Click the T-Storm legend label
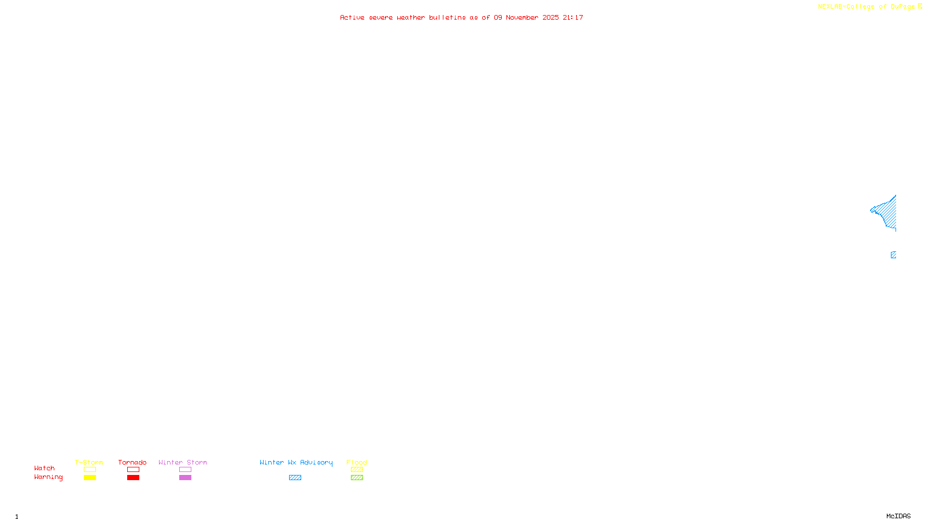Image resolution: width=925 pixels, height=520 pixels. tap(89, 462)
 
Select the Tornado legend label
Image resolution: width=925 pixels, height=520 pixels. tap(132, 462)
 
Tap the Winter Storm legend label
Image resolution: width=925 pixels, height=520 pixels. tap(183, 462)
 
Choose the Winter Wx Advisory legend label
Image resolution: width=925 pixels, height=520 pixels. tap(296, 462)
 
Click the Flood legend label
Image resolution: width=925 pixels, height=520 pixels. tap(357, 462)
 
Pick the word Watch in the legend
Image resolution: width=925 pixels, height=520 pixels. tap(45, 468)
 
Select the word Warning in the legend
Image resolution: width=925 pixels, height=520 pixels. tap(49, 477)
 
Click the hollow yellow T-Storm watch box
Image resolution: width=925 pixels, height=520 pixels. tap(90, 470)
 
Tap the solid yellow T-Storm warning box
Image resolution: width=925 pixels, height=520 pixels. tap(90, 478)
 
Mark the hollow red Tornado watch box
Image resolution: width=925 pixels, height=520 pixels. tap(133, 470)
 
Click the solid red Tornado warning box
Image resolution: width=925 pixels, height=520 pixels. tap(133, 478)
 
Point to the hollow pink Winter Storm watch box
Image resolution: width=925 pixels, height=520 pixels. tap(185, 470)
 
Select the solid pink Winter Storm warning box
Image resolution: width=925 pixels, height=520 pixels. tap(185, 478)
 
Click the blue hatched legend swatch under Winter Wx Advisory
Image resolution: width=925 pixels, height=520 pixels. tap(295, 478)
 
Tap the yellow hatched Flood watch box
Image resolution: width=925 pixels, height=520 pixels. tap(357, 470)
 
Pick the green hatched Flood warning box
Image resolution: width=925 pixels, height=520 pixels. tap(357, 478)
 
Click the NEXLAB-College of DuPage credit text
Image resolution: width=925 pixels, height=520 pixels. tap(866, 7)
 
